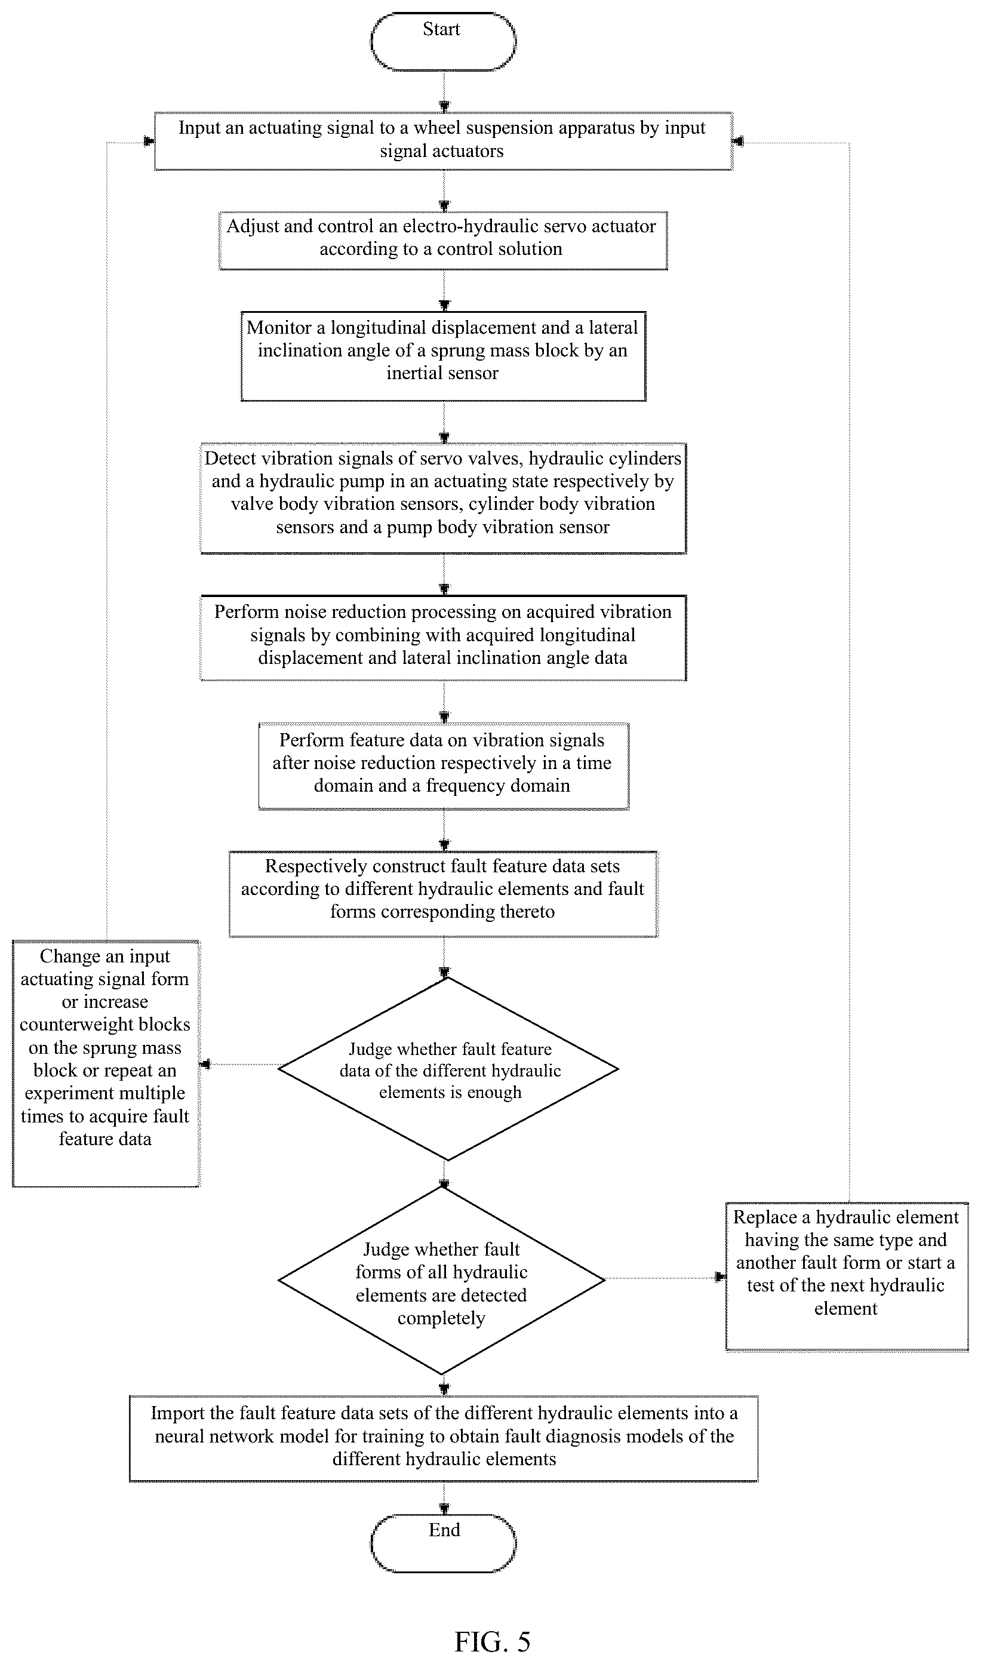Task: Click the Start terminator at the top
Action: pyautogui.click(x=443, y=41)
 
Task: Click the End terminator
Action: pyautogui.click(x=443, y=1543)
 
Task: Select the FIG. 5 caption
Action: pyautogui.click(x=493, y=1641)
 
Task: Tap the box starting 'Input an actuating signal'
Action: pyautogui.click(x=444, y=142)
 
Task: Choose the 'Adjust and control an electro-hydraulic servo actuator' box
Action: pyautogui.click(x=443, y=241)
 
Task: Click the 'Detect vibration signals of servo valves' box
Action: pyautogui.click(x=443, y=499)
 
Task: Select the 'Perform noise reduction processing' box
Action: pyautogui.click(x=443, y=638)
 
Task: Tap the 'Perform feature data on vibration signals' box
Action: pyautogui.click(x=444, y=766)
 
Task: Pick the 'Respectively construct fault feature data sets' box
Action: pyautogui.click(x=444, y=893)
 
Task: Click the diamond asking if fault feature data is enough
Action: pyautogui.click(x=448, y=1069)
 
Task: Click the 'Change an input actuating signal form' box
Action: pyautogui.click(x=106, y=1063)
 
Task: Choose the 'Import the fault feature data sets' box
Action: pyautogui.click(x=444, y=1438)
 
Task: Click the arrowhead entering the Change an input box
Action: pyautogui.click(x=205, y=1064)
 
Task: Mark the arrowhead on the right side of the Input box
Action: pyautogui.click(x=739, y=142)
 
